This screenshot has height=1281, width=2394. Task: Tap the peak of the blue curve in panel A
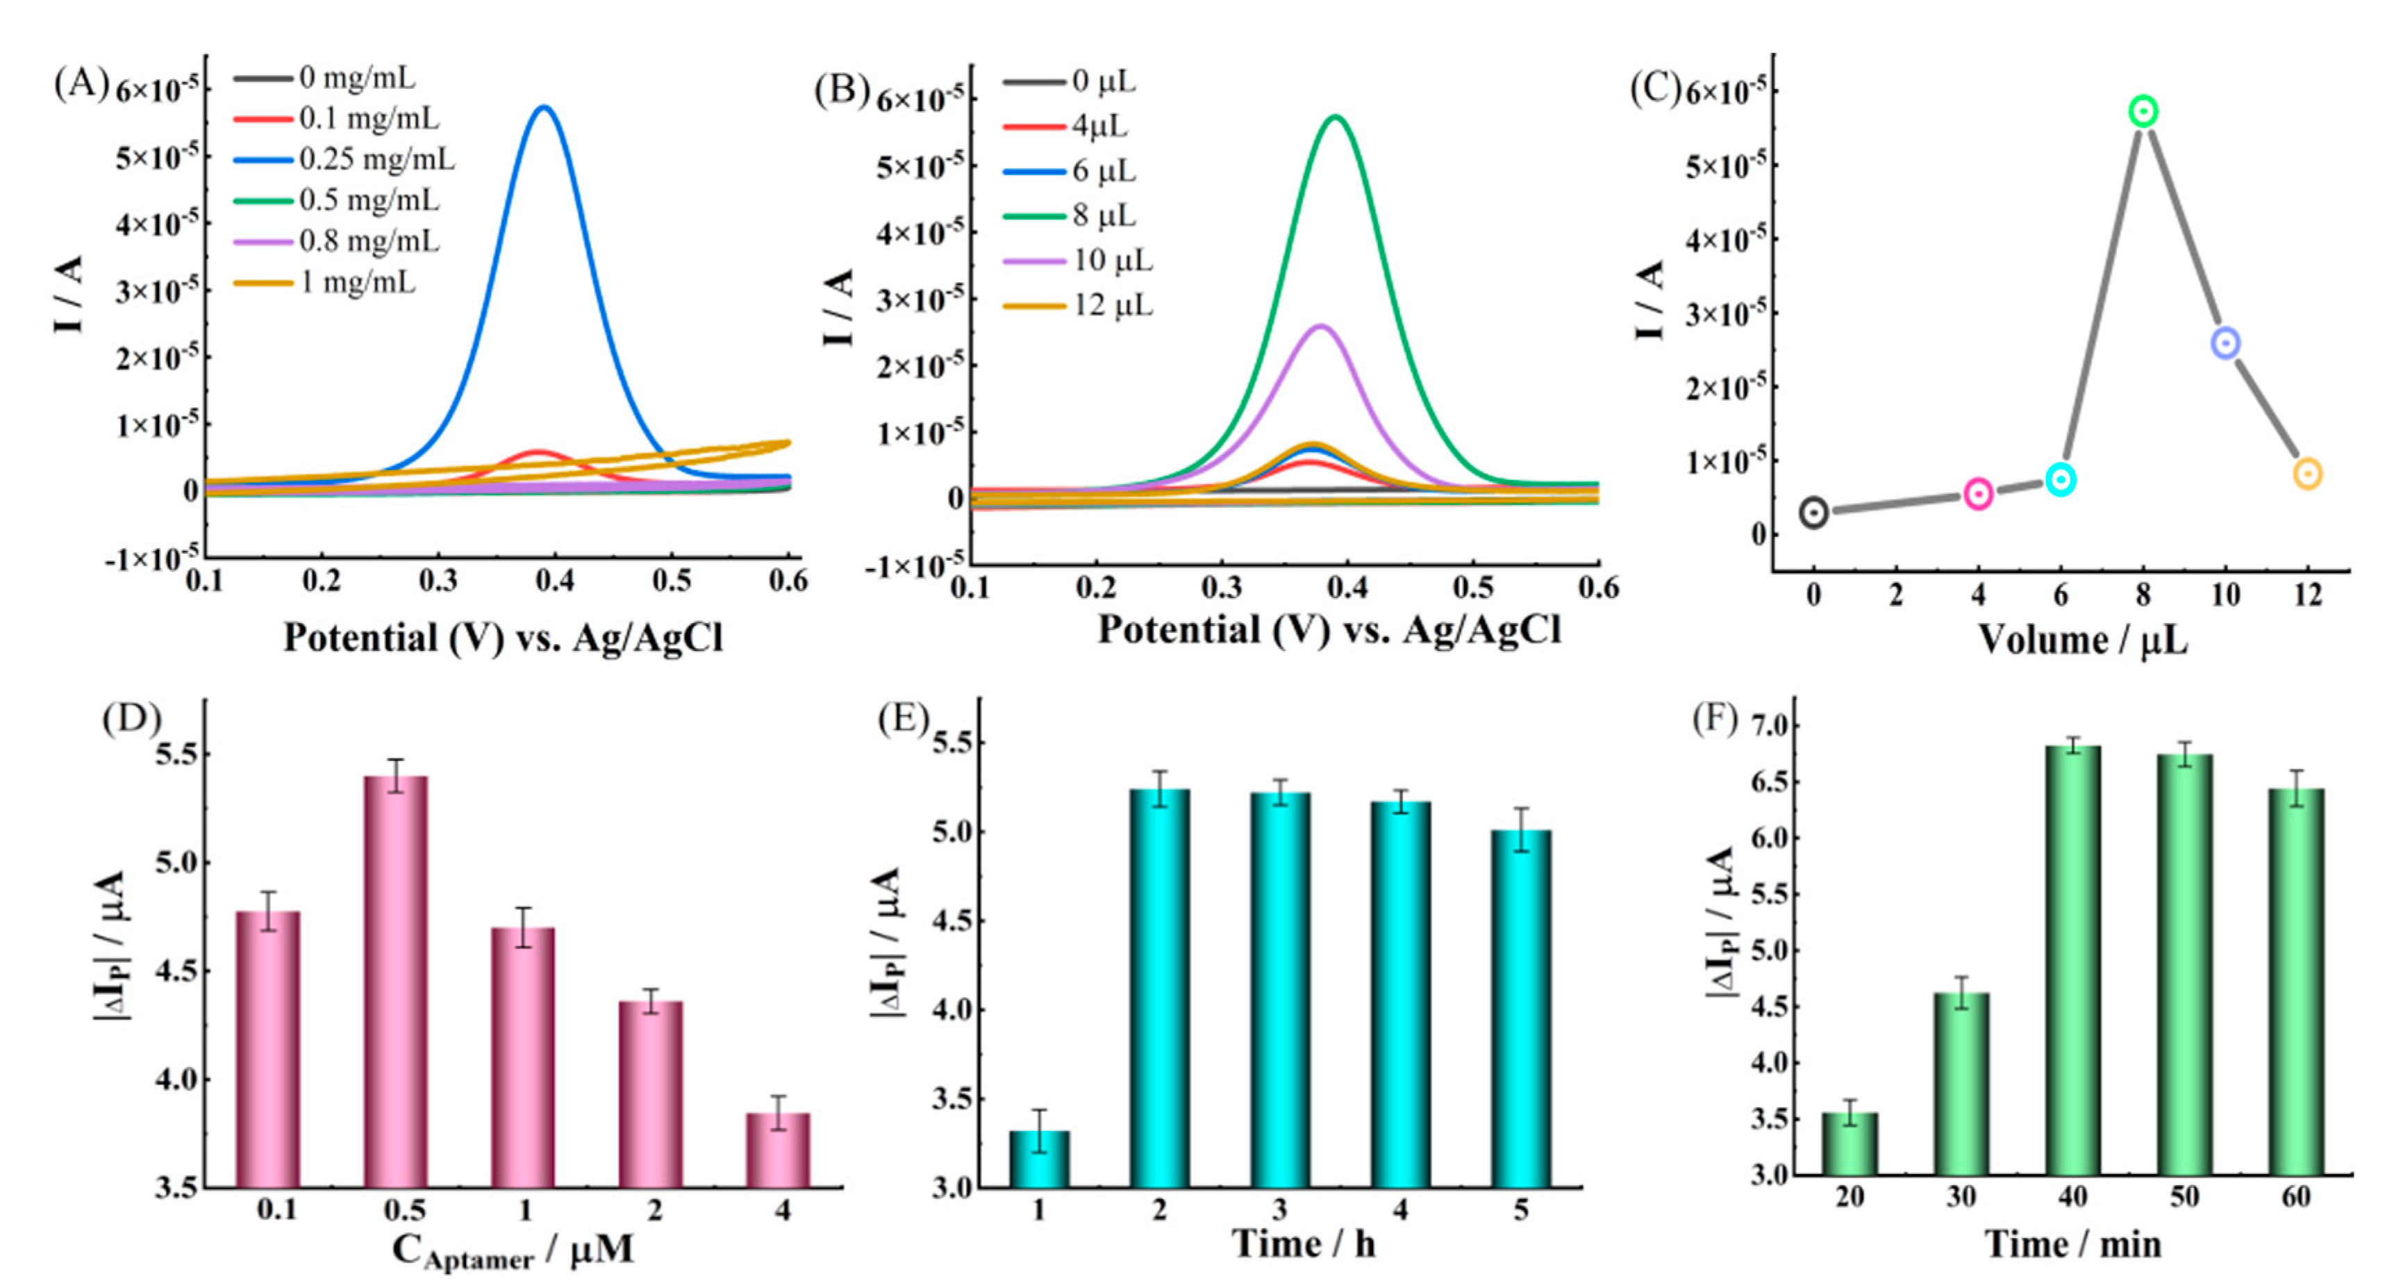pyautogui.click(x=545, y=108)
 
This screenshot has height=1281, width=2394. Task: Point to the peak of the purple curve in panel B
pyautogui.click(x=1320, y=327)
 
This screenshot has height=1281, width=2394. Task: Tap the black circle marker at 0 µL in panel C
pyautogui.click(x=1814, y=511)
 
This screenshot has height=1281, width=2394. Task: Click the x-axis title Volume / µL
pyautogui.click(x=2081, y=640)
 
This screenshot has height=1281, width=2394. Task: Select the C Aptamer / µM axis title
pyautogui.click(x=512, y=1250)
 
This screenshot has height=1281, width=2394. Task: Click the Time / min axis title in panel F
pyautogui.click(x=2072, y=1243)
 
